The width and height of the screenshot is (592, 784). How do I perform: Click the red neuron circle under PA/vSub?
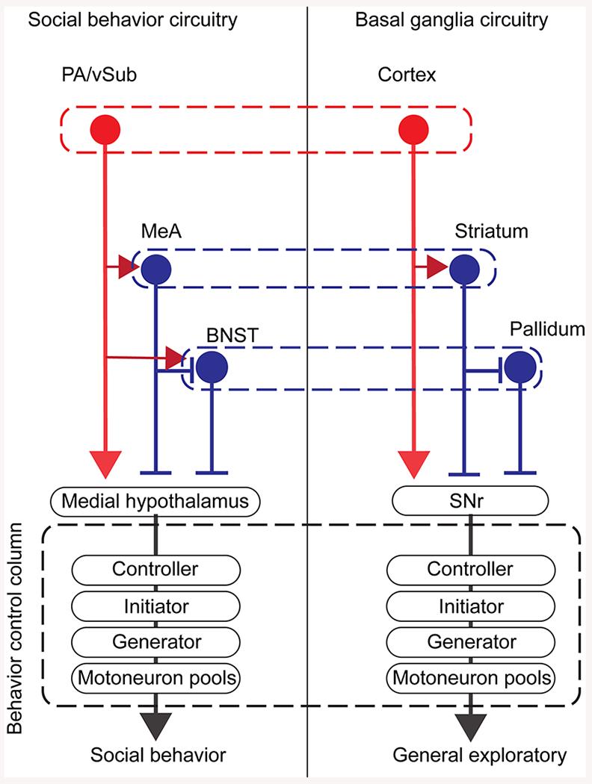(105, 131)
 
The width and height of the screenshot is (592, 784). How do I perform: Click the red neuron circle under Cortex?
(413, 131)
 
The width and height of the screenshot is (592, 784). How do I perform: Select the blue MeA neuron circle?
(155, 268)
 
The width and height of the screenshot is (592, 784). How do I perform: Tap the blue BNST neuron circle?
(211, 367)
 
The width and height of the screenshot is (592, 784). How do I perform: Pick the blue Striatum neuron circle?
(465, 268)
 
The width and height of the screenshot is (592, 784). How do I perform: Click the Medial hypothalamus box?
(156, 501)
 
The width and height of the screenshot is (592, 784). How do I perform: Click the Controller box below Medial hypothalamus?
(155, 569)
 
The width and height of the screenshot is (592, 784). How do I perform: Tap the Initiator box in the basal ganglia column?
(470, 606)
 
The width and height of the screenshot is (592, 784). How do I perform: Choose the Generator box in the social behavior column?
(155, 642)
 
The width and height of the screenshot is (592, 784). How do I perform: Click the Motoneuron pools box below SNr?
(470, 678)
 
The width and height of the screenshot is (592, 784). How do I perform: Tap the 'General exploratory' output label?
(479, 756)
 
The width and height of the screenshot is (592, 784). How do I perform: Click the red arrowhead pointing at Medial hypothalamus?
(105, 464)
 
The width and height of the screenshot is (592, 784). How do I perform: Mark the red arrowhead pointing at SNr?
(413, 464)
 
